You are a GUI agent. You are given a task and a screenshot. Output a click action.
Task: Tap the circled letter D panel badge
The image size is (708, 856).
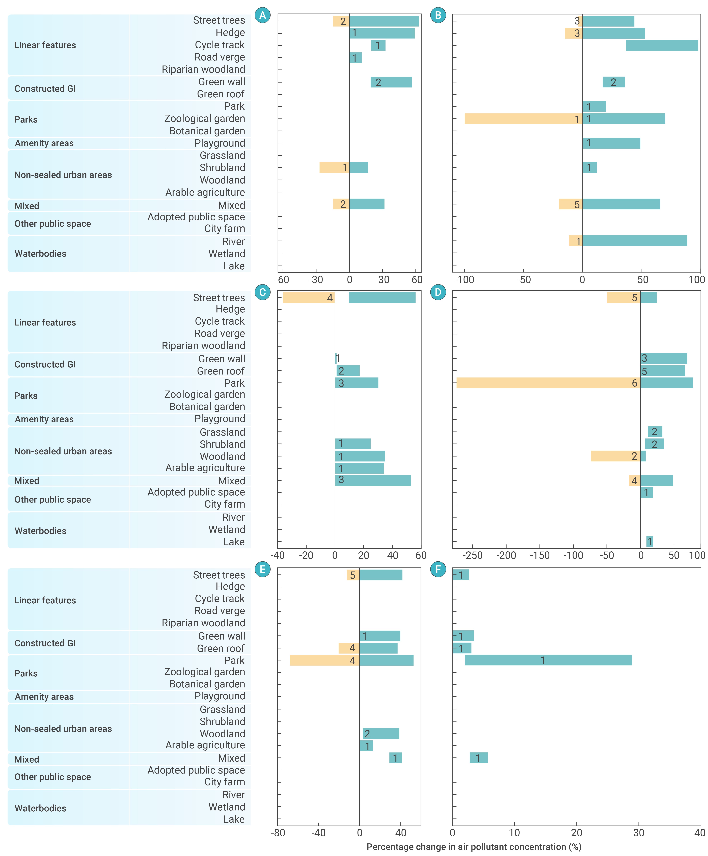click(438, 292)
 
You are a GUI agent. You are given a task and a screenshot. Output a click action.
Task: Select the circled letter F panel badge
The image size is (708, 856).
click(438, 569)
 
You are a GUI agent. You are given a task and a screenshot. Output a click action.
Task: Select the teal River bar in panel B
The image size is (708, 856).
click(635, 241)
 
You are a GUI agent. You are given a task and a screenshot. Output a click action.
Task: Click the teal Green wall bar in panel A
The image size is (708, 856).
click(391, 82)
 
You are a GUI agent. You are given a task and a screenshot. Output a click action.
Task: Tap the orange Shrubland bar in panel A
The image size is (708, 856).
click(334, 167)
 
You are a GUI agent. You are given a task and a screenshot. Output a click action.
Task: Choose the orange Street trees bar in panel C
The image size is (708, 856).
click(309, 298)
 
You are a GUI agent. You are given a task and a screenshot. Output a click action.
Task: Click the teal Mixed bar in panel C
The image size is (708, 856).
click(373, 481)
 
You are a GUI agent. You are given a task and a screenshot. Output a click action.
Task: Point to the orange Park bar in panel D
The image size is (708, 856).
click(548, 383)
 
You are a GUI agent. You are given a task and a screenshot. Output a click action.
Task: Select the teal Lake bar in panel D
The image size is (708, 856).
click(650, 541)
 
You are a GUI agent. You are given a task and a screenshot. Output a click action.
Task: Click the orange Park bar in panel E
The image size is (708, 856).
click(325, 660)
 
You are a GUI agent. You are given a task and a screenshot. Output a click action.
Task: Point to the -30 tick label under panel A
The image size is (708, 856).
click(316, 280)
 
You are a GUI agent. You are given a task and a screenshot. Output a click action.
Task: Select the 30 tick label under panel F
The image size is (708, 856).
click(639, 833)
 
